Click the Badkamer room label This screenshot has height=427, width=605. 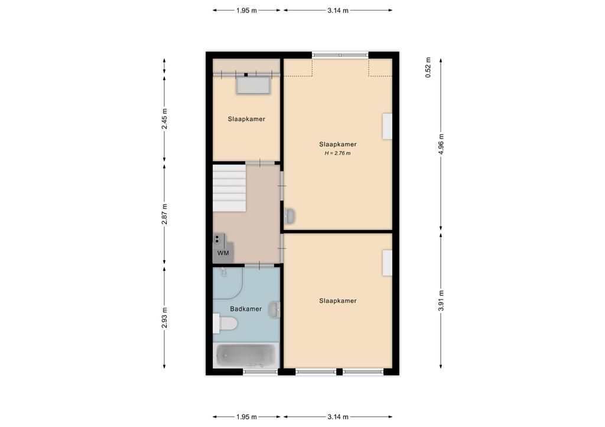pos(246,309)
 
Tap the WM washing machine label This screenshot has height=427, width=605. pos(223,253)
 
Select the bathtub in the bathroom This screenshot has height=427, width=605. pos(245,356)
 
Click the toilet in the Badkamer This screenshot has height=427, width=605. pos(225,323)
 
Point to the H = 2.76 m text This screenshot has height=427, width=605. pos(337,153)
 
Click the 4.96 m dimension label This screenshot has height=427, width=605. pos(441,144)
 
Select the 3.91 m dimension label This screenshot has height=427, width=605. pos(441,300)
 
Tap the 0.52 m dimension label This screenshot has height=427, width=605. pos(428,67)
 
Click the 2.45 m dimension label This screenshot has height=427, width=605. pos(164,119)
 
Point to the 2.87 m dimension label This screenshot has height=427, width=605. pos(164,214)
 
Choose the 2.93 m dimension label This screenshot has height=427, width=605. pos(164,318)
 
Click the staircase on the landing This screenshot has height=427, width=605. pos(229,188)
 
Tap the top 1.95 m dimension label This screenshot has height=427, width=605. pos(246,11)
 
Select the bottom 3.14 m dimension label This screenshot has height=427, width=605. pos(338,416)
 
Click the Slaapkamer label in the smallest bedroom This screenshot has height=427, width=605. pos(246,119)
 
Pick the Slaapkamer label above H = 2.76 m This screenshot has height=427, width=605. pos(337,144)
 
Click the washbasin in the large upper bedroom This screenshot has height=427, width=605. pos(290,216)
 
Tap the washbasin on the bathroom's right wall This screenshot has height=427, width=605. pos(274,309)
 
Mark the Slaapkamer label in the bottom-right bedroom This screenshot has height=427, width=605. pos(337,301)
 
